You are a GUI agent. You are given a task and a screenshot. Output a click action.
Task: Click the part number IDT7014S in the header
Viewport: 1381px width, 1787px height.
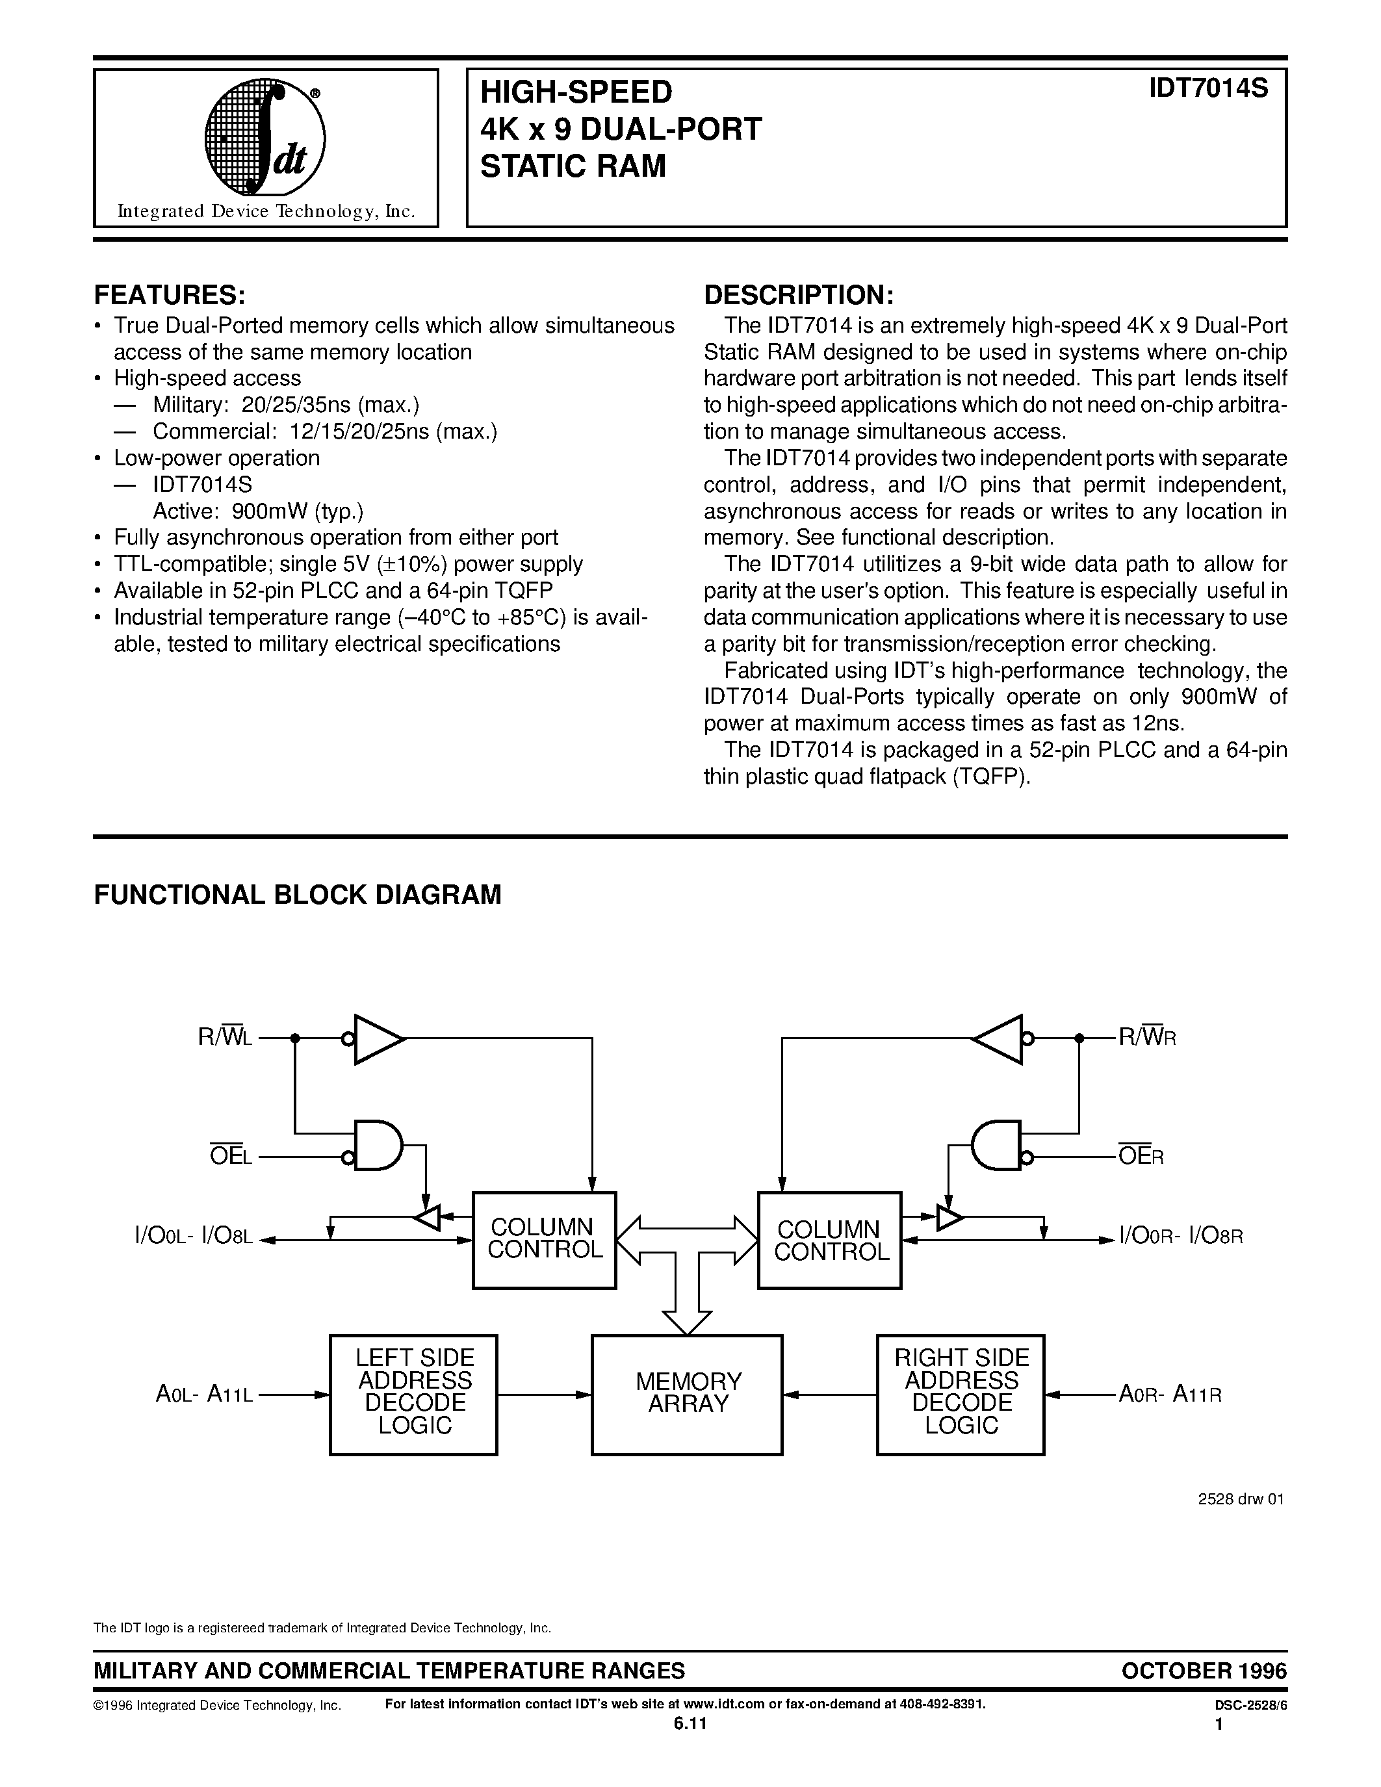pyautogui.click(x=1207, y=88)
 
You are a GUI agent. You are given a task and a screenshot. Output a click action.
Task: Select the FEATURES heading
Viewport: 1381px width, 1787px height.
pyautogui.click(x=170, y=294)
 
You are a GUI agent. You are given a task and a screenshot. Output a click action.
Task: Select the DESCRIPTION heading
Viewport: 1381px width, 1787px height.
pyautogui.click(x=799, y=294)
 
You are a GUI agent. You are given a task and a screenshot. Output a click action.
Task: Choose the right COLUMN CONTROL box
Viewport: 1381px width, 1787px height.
pyautogui.click(x=830, y=1241)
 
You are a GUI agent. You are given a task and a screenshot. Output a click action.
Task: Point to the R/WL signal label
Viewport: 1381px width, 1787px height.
pyautogui.click(x=225, y=1038)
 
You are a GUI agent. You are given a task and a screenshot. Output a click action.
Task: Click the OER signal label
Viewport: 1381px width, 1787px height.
pyautogui.click(x=1141, y=1157)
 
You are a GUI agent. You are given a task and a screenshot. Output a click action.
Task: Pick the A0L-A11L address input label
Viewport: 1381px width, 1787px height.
pyautogui.click(x=205, y=1395)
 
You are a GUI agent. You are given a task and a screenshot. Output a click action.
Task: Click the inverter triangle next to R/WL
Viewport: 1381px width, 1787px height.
pyautogui.click(x=377, y=1039)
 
